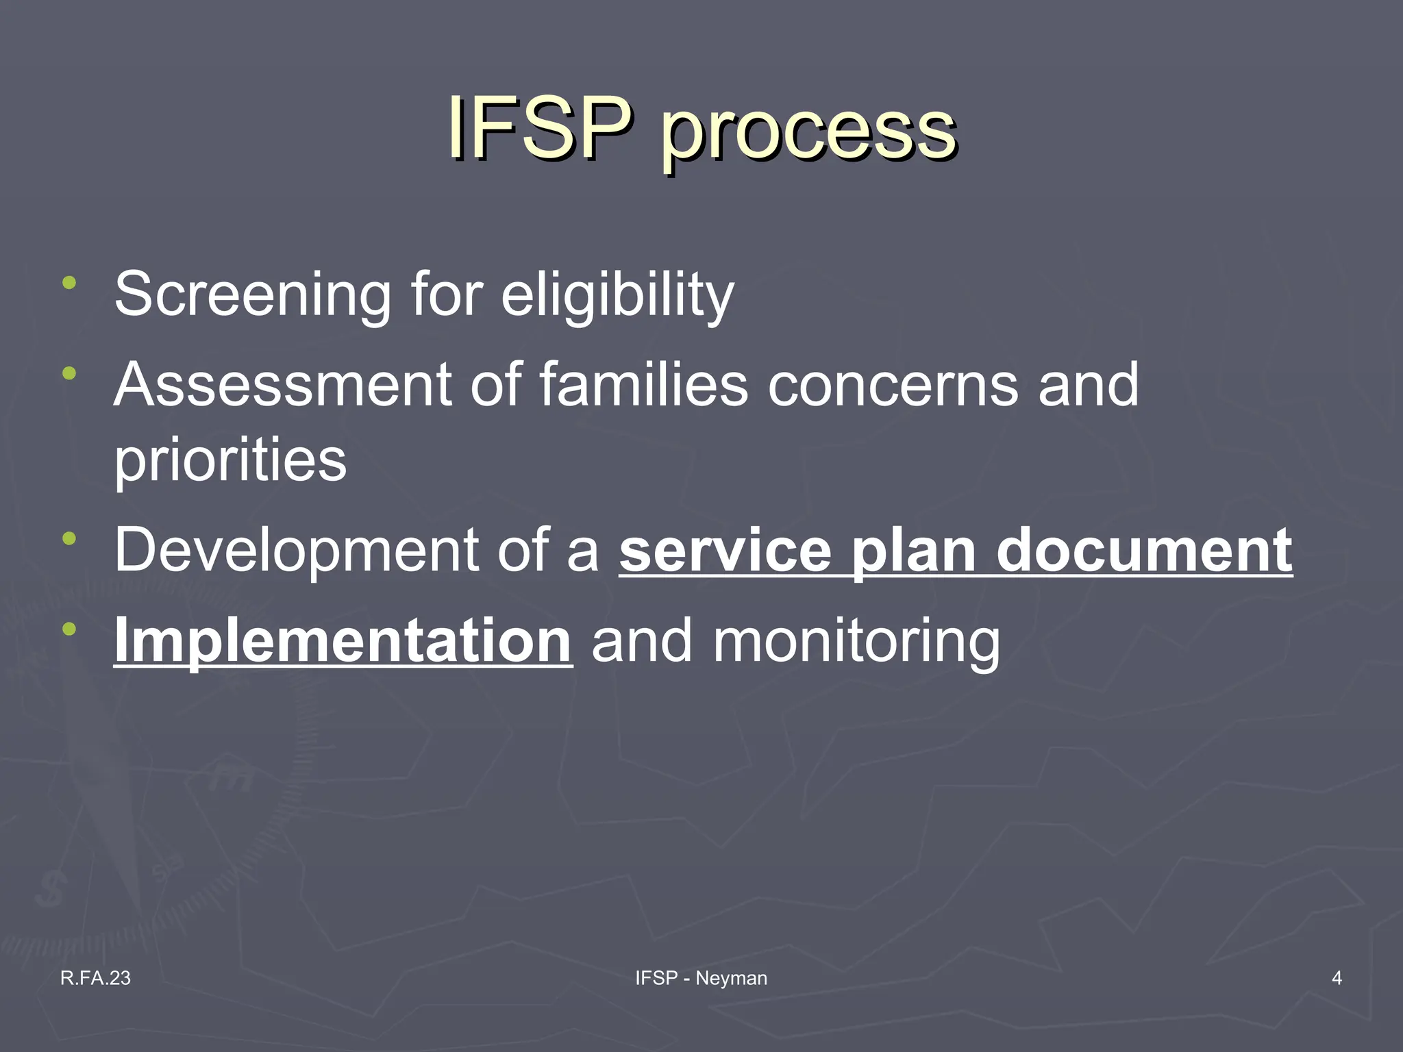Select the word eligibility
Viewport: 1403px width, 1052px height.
click(617, 295)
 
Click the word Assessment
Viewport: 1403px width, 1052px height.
click(282, 385)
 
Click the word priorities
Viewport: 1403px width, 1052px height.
click(230, 460)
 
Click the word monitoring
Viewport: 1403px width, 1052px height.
click(856, 642)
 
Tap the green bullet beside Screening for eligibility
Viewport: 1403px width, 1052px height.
click(69, 282)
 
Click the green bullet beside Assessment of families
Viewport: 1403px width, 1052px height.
click(69, 373)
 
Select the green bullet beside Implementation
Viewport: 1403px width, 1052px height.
click(69, 629)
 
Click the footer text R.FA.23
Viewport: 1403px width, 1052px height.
click(95, 978)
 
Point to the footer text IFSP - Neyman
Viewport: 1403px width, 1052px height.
click(701, 978)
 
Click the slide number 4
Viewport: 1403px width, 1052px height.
click(1337, 978)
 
